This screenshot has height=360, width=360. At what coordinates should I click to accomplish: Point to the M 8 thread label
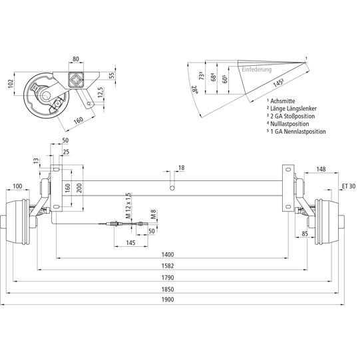click(x=153, y=214)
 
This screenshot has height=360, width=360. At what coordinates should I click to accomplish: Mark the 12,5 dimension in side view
click(x=99, y=90)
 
